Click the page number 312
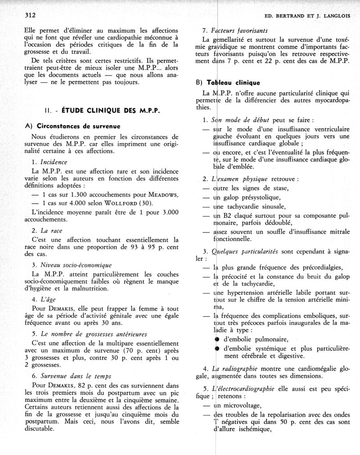30,14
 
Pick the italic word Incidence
54,161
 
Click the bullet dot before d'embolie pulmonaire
216,339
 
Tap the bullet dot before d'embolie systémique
216,348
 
